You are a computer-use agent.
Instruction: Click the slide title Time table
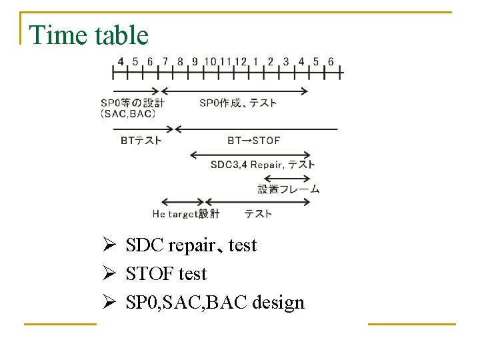89,35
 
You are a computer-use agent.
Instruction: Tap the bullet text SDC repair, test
191,245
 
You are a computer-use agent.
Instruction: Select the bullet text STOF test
166,274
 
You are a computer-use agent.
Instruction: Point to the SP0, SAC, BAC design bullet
215,303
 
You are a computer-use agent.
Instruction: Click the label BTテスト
141,141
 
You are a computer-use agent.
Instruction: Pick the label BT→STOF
254,141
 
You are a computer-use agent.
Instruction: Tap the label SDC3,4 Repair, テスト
263,165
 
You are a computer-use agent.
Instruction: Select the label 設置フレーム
289,189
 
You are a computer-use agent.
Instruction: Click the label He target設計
185,214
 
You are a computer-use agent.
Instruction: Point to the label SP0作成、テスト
238,103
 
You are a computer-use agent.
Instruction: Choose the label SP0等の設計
132,103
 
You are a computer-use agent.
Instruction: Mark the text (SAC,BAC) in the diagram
128,113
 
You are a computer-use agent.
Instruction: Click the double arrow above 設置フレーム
287,178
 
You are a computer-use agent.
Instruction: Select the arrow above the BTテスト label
143,129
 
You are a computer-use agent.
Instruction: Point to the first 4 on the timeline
120,62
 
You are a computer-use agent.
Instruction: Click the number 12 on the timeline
241,62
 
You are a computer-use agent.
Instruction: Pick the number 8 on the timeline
180,62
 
